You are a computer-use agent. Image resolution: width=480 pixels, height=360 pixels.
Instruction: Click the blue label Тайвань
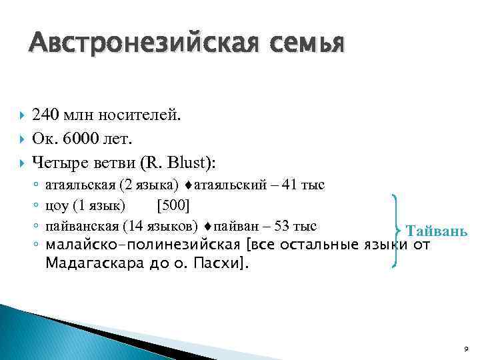point(437,231)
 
